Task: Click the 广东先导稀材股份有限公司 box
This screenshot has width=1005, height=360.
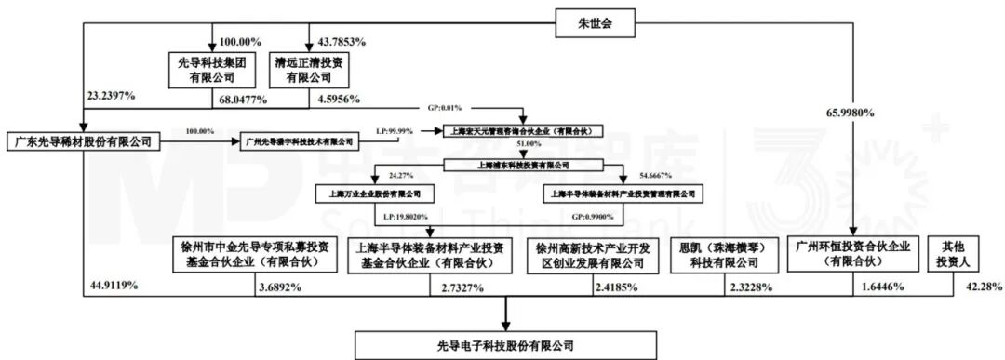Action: click(x=83, y=141)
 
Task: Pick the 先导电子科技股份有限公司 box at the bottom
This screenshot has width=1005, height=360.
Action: click(x=506, y=345)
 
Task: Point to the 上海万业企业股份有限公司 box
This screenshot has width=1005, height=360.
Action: click(x=368, y=194)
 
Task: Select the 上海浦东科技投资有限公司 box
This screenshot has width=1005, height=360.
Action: click(x=504, y=165)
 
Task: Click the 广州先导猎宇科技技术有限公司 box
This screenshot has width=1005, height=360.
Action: click(x=297, y=141)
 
